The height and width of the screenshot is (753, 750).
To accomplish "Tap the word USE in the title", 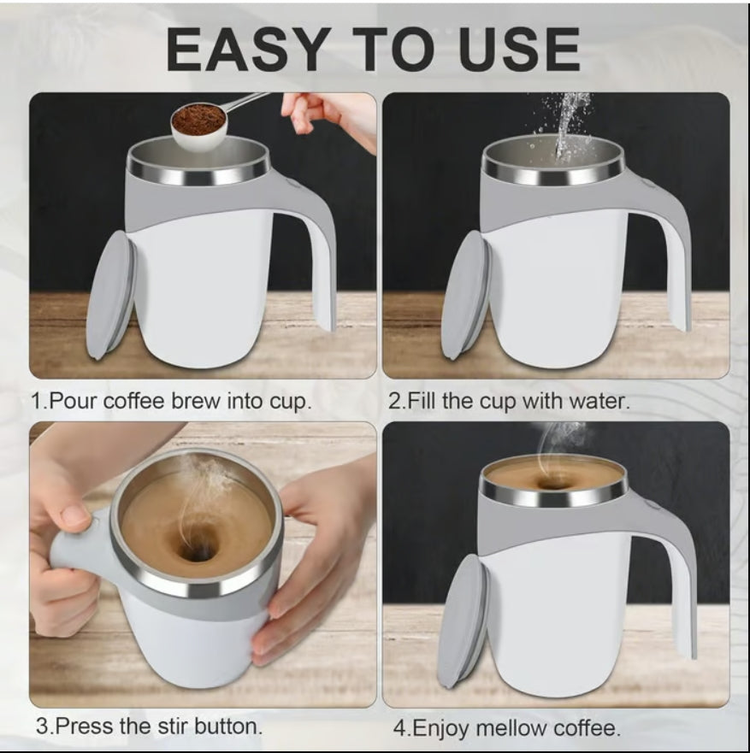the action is point(519,49).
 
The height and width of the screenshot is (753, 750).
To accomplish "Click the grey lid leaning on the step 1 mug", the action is point(111,295).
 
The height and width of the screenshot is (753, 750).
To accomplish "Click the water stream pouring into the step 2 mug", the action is point(567,126).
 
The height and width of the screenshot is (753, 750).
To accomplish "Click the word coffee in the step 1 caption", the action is point(133,402).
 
